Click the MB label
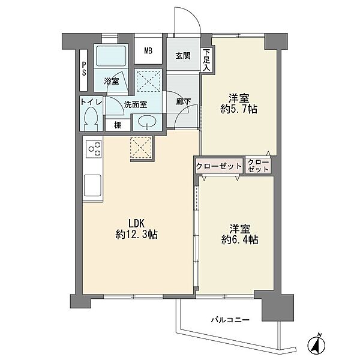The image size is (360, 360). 148,51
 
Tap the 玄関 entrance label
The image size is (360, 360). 183,56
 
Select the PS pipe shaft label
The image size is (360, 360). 84,68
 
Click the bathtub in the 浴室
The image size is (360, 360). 111,56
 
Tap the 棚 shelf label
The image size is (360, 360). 118,125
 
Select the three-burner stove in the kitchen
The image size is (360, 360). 94,149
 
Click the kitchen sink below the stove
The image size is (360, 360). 93,185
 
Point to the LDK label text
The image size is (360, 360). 136,223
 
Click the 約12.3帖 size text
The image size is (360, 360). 136,235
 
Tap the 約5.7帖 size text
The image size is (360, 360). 239,109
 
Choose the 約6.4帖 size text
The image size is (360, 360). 240,239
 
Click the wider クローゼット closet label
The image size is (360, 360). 219,166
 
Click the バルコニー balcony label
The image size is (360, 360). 230,320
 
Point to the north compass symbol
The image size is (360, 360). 316,344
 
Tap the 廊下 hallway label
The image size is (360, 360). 184,102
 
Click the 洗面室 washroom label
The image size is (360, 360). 136,105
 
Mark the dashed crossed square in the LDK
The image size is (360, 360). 141,148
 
